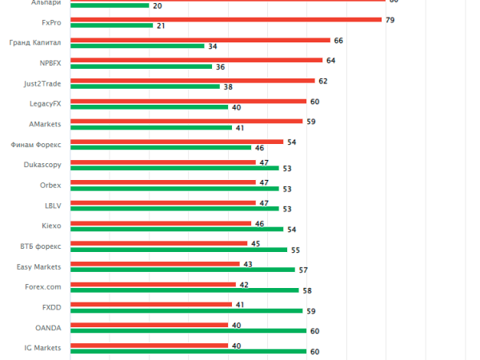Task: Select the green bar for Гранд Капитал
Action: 138,46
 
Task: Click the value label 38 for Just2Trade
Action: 228,87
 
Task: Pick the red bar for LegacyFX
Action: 189,101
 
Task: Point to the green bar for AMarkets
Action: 151,128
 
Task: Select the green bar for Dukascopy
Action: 174,168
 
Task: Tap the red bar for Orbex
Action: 163,182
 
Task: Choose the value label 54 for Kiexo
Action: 292,230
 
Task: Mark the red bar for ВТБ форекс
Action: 159,243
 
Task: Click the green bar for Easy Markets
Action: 182,270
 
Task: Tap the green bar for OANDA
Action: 189,330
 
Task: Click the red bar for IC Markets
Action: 149,346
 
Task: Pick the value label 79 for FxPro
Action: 390,19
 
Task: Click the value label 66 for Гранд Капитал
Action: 338,40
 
